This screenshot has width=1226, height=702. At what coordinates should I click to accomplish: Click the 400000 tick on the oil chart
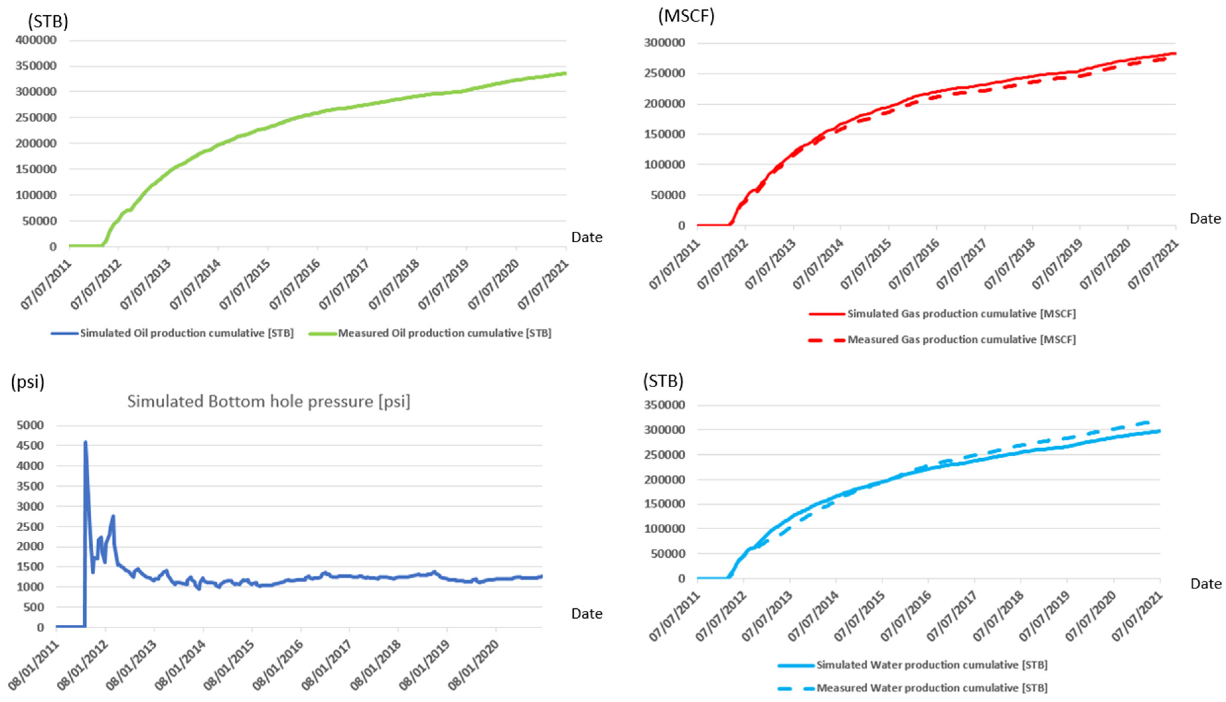coord(36,40)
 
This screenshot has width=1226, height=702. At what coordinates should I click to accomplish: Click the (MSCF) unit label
coord(686,16)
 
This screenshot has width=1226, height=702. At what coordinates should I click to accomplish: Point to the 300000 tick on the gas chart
coord(664,43)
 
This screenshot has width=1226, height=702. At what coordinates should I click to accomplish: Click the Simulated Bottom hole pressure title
coord(269,402)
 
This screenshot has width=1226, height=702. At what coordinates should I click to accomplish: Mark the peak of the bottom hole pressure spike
coord(85,442)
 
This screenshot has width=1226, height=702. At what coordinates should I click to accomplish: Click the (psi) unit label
coord(28,382)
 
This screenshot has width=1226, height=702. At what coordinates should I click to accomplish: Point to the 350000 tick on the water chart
coord(664,405)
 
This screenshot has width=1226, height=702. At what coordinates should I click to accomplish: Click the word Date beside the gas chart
coord(1205,219)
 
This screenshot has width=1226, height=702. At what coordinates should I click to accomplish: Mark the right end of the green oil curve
coord(565,73)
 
